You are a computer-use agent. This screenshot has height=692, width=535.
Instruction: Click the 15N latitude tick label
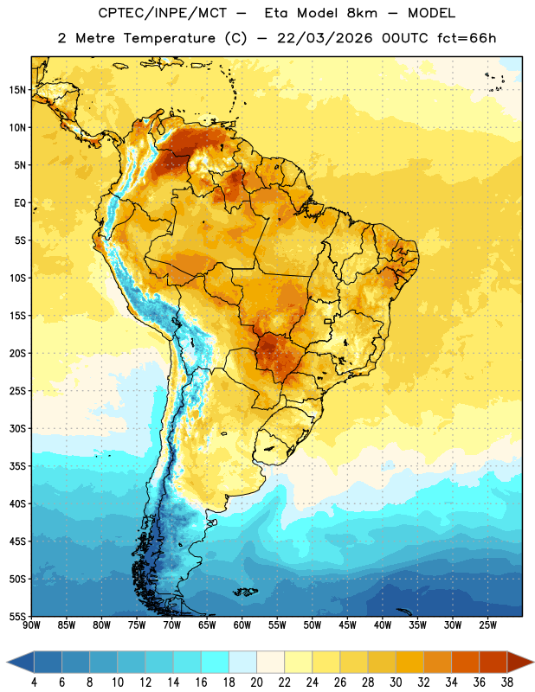(x=17, y=90)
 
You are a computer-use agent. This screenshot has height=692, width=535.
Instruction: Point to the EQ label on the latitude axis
(x=20, y=203)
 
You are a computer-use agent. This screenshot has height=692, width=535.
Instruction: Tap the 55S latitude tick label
(x=17, y=617)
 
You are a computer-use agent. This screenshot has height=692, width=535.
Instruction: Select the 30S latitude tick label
(x=17, y=428)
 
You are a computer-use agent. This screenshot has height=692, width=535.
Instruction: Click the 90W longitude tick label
(x=31, y=625)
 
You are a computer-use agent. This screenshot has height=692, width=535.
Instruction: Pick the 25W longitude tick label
(x=487, y=625)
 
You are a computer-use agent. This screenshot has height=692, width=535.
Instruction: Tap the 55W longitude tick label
(x=277, y=625)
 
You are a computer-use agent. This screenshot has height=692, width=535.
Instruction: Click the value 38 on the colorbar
(x=506, y=682)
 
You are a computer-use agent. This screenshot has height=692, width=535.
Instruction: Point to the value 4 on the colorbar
(x=34, y=682)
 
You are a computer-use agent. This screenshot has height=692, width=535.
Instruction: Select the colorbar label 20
(x=256, y=682)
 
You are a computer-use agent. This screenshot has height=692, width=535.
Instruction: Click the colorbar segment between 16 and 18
(x=216, y=662)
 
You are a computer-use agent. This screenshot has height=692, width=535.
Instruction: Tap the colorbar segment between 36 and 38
(x=493, y=662)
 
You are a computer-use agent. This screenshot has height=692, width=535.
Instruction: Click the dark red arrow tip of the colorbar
(x=533, y=662)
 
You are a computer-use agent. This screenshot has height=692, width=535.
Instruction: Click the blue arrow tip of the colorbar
(x=7, y=662)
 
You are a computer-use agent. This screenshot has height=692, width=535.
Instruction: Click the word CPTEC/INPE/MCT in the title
(x=162, y=13)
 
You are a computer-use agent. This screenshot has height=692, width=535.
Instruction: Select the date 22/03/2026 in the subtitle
(x=325, y=38)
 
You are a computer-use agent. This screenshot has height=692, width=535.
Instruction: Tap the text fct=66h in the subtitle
(x=467, y=38)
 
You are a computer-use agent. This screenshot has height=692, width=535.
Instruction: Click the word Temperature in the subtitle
(x=169, y=38)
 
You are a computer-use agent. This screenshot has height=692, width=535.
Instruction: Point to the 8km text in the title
(x=362, y=13)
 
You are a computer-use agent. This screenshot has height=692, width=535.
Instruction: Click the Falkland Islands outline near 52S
(x=246, y=592)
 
